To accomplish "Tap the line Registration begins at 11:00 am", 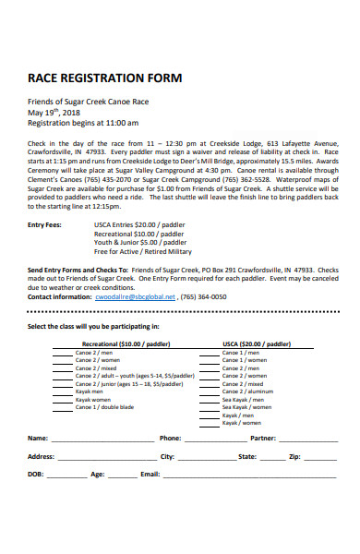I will (x=83, y=122).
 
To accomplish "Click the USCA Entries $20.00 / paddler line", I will (x=138, y=224).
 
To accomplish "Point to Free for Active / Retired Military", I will (x=142, y=251).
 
